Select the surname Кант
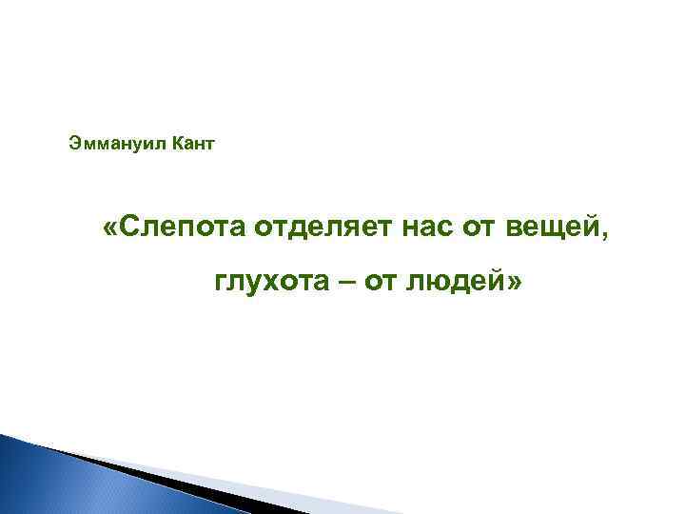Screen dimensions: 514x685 coord(193,144)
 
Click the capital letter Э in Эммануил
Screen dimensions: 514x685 coord(74,144)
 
